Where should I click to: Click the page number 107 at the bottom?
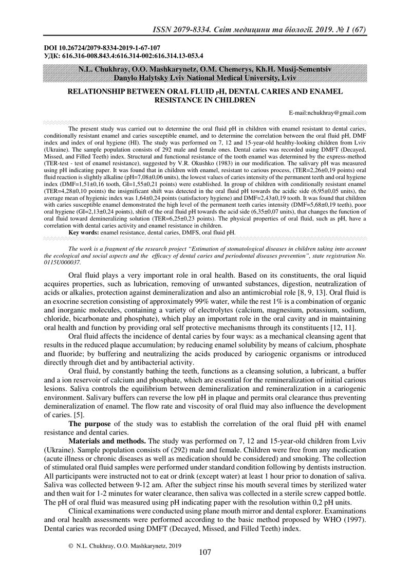click(x=205, y=553)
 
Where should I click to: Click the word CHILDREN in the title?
click(x=230, y=99)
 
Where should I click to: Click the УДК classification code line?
click(x=124, y=54)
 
